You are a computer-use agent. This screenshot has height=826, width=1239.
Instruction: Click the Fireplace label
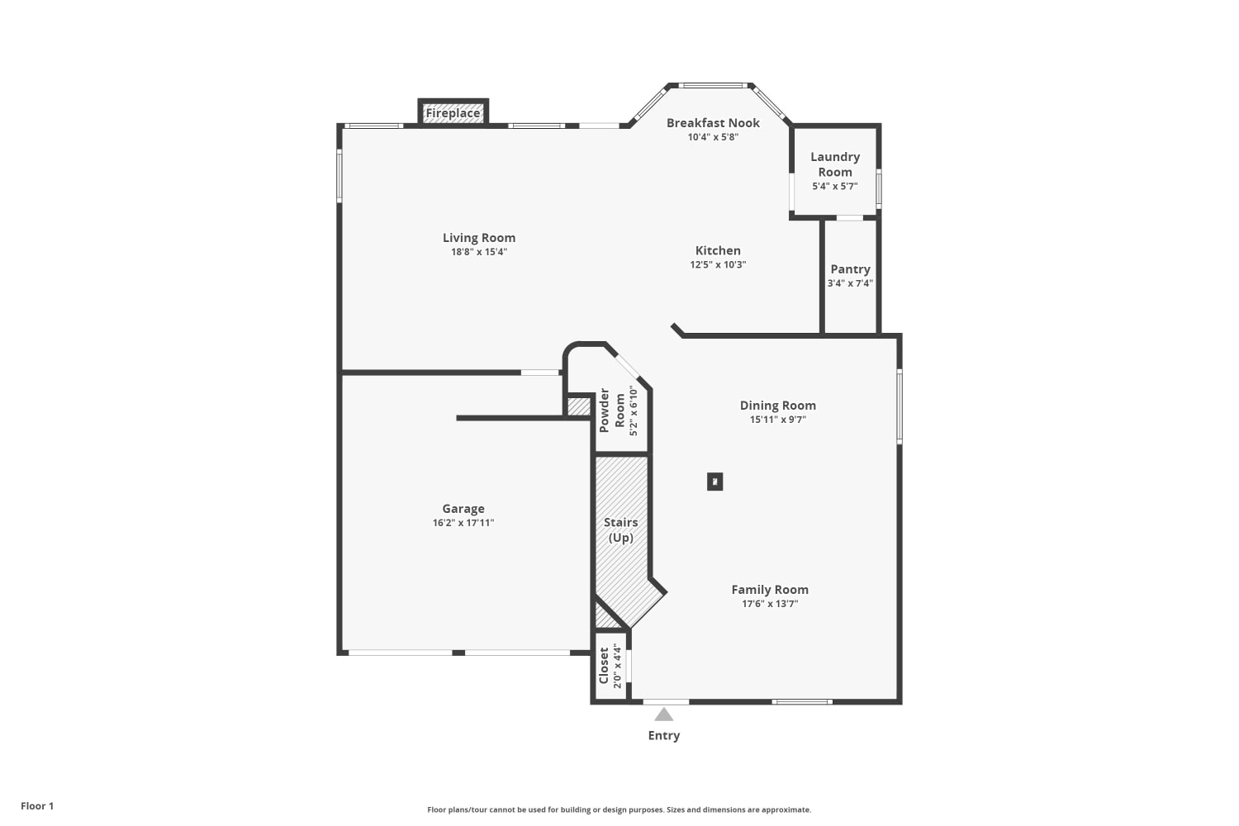coord(453,113)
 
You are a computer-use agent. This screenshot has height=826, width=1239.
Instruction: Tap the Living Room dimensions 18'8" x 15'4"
coord(479,252)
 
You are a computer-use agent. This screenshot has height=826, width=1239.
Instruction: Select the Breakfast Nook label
coord(713,123)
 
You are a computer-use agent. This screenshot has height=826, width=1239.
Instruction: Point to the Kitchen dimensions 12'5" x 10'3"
coord(718,265)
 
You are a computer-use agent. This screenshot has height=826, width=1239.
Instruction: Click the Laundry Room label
coord(835,164)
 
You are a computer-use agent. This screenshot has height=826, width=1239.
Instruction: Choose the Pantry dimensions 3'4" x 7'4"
coord(850,283)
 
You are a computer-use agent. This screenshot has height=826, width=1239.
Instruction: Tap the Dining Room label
coord(778,406)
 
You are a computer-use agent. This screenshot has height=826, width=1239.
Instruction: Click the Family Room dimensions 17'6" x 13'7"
coord(770,604)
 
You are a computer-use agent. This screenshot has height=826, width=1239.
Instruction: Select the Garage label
coord(463,509)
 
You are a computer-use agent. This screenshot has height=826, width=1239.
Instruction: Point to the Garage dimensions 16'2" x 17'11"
coord(463,523)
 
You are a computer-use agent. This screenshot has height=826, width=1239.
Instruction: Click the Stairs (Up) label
coord(620,530)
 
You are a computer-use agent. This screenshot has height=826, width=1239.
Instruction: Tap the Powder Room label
coord(612,411)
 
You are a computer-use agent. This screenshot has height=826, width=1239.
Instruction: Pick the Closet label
coord(604,666)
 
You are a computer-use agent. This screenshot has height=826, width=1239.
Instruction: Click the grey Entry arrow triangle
coord(664,714)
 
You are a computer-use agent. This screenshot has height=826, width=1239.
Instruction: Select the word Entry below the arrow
coord(664,736)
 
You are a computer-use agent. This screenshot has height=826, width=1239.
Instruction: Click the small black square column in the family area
coord(714,482)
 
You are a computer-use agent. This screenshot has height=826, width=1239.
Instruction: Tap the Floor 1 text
coord(37,806)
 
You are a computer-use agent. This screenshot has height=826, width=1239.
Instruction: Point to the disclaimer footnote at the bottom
coord(619,810)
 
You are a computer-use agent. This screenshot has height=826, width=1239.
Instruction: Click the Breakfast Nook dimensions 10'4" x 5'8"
coord(713,137)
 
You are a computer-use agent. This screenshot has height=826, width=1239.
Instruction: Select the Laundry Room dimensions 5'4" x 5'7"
coord(834,187)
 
